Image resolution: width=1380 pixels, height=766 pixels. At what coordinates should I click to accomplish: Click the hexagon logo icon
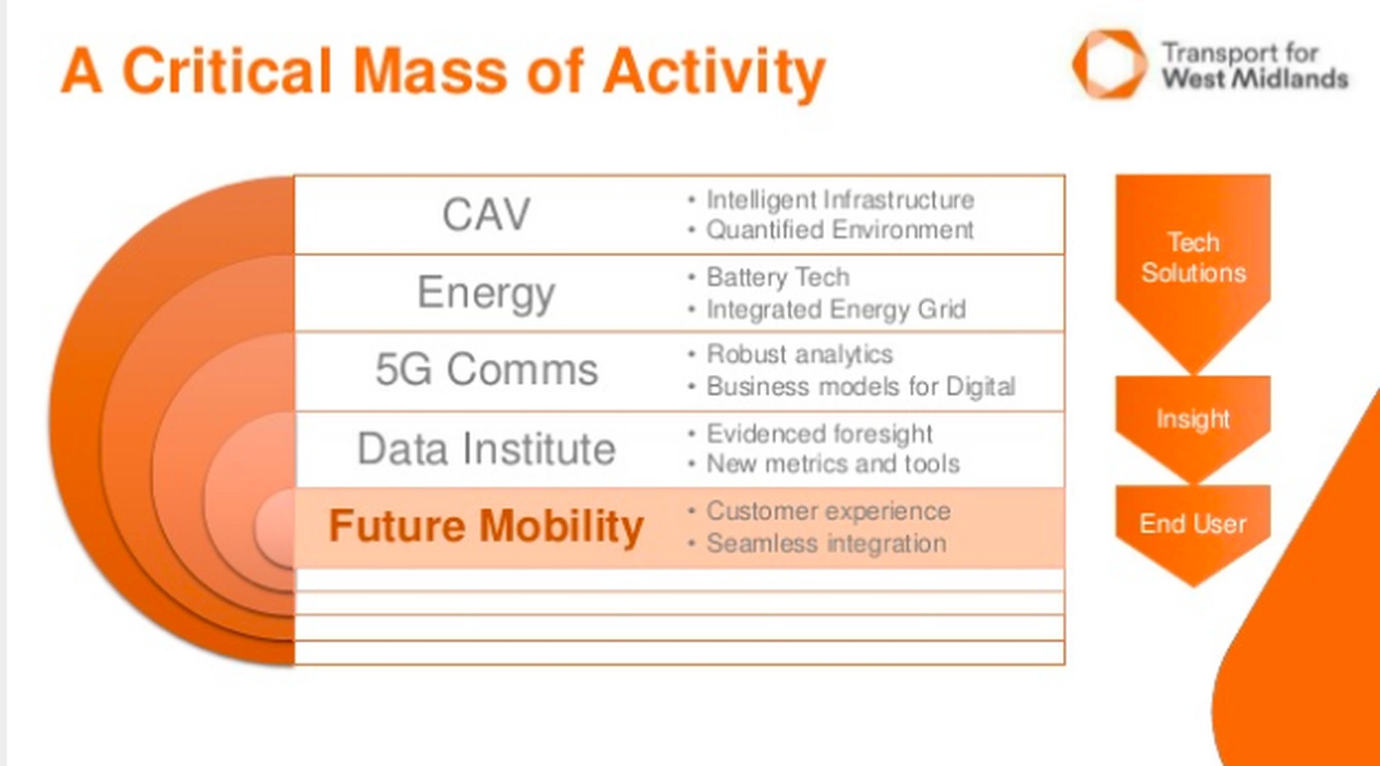click(x=1109, y=64)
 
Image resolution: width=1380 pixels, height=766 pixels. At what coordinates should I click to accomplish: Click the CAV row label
click(x=486, y=214)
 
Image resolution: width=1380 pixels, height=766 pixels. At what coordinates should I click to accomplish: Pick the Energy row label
click(x=486, y=294)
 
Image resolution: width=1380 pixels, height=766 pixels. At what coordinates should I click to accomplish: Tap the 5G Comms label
click(x=487, y=369)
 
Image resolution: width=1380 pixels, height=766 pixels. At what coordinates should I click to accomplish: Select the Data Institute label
click(x=487, y=449)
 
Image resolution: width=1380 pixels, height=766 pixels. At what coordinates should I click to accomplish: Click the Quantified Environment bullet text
click(x=839, y=230)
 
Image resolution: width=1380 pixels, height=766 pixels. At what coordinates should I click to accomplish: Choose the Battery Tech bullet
click(x=778, y=277)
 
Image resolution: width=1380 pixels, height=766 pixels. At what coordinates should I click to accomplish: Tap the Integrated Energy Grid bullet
click(x=836, y=309)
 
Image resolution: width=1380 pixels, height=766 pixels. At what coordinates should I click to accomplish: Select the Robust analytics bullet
click(x=799, y=354)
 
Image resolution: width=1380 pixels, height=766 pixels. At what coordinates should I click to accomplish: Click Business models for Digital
click(x=861, y=387)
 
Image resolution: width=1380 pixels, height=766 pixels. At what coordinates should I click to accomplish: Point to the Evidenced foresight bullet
click(x=820, y=433)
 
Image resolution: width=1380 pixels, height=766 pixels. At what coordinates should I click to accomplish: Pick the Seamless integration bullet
click(x=826, y=543)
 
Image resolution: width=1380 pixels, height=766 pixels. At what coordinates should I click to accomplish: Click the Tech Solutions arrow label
click(x=1194, y=258)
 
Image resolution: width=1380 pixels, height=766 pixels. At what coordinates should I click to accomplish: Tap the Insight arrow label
click(x=1193, y=419)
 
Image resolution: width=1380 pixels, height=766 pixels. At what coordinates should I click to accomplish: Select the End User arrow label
click(x=1193, y=523)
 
